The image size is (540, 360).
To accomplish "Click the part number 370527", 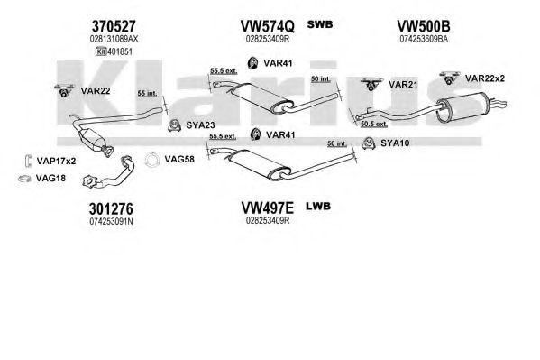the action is tap(114, 26).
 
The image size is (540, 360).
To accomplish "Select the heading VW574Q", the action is tap(267, 26).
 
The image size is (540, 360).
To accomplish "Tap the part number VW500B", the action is tap(423, 26).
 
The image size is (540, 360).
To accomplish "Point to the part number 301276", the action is tap(111, 208).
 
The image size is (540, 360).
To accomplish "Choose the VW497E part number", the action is tap(267, 208).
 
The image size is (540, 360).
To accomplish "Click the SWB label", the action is tap(320, 24).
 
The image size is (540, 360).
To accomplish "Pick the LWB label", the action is tap(318, 207).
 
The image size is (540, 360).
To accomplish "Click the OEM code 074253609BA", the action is tap(424, 39).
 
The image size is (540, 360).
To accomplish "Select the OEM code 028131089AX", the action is tap(114, 39).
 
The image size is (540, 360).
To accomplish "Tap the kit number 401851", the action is tap(120, 51).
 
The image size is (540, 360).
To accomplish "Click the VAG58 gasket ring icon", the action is tap(151, 160).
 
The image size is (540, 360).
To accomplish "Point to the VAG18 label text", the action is tap(50, 179).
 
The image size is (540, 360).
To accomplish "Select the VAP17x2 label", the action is tap(56, 161).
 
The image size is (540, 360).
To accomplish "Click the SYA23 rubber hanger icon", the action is tap(174, 125).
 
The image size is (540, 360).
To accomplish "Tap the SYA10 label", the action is tap(395, 143).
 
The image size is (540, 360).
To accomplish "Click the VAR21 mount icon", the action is tap(371, 85).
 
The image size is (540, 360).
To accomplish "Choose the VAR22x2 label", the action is tap(484, 78).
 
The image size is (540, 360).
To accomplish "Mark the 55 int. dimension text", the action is tap(147, 94).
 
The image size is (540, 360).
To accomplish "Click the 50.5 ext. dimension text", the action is tap(373, 124).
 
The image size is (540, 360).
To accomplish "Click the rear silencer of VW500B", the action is tap(461, 107).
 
